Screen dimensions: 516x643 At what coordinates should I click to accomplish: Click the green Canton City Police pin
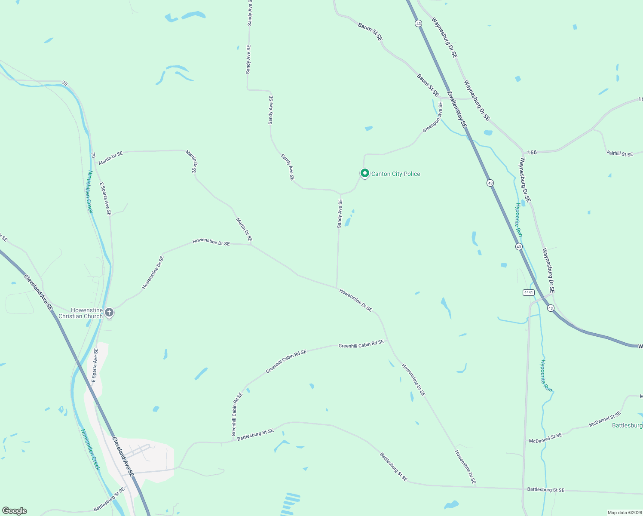click(364, 173)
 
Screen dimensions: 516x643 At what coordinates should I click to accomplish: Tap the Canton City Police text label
click(395, 174)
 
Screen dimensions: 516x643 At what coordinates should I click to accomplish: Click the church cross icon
click(109, 313)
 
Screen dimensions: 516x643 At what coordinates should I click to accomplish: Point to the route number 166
click(532, 152)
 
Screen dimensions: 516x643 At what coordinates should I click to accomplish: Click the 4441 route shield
click(528, 292)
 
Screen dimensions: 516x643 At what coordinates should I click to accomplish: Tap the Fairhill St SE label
click(619, 154)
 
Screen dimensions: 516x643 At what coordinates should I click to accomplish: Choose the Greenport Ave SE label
click(432, 117)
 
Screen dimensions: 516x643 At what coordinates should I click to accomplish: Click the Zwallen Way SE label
click(456, 109)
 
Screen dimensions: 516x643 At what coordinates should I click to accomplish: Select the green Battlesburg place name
click(627, 425)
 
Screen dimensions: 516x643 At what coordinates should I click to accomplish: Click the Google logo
click(15, 511)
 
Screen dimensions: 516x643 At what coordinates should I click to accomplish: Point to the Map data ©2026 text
click(624, 513)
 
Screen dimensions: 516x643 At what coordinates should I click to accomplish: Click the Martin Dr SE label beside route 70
click(110, 157)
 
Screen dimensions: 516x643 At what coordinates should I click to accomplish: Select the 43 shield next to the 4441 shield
click(551, 308)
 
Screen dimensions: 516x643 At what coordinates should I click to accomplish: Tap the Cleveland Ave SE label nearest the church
click(38, 292)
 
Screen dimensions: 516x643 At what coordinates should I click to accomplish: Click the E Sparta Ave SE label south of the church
click(95, 365)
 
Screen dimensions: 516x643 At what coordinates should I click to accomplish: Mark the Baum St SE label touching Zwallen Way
click(428, 85)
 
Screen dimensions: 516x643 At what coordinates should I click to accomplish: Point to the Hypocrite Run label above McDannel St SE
click(546, 375)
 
